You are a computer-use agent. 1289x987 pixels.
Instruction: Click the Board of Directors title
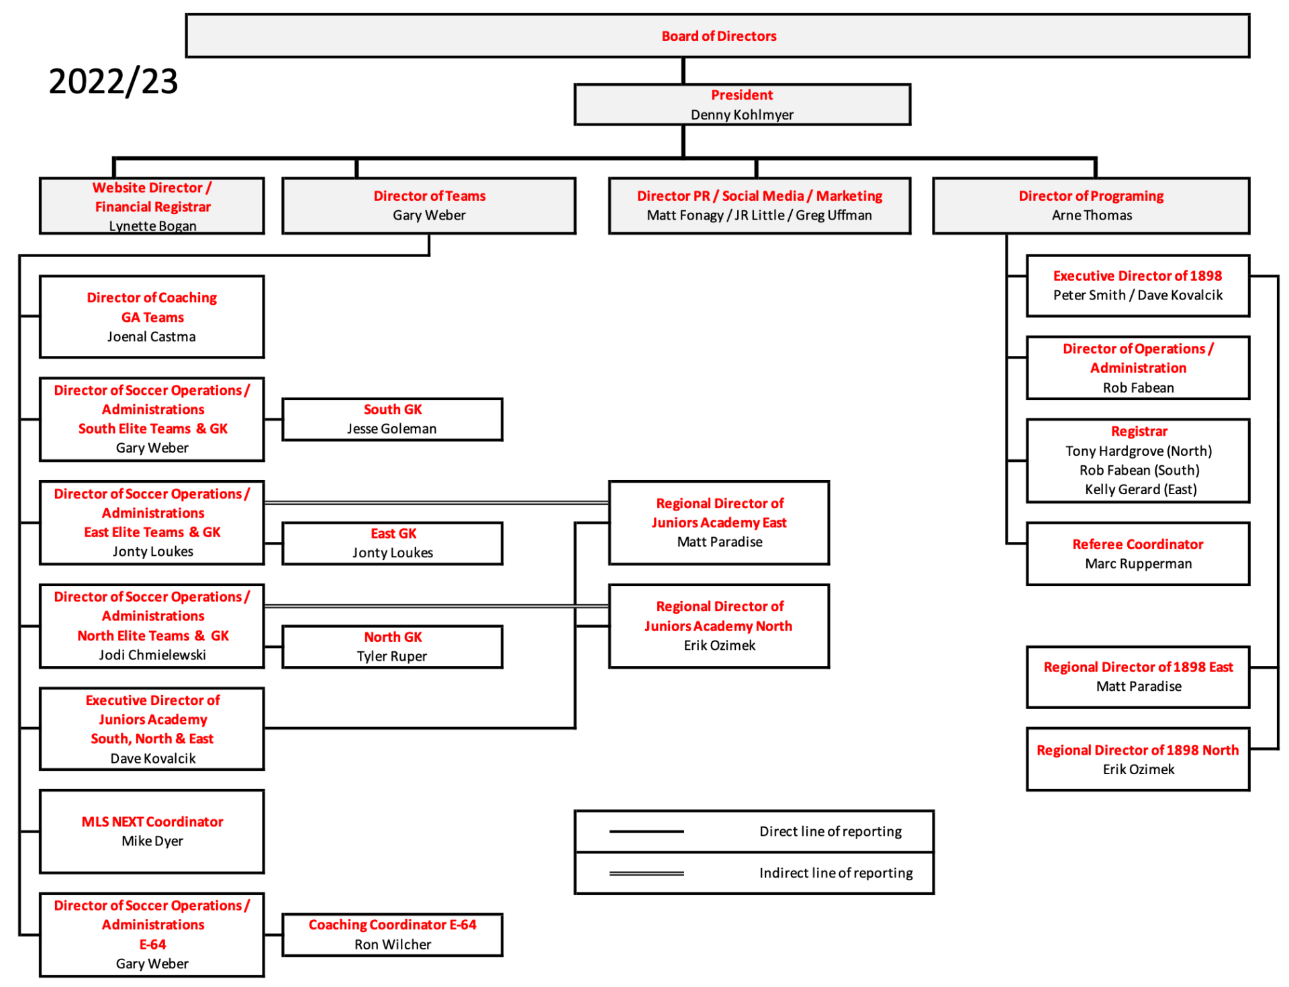(718, 36)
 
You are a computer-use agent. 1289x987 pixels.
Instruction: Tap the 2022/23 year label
(113, 81)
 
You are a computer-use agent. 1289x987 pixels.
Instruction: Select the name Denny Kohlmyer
(742, 115)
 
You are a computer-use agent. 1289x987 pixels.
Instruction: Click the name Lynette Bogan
(152, 226)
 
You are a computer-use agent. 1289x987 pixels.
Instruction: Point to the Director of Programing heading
(1091, 196)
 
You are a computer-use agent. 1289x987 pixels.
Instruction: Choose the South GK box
(392, 420)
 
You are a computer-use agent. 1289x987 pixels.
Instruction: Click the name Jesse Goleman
(391, 428)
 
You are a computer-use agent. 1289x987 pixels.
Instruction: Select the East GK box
(392, 543)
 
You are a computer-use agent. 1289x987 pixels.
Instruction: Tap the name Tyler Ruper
(391, 656)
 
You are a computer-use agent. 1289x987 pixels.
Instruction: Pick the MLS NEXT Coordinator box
(152, 831)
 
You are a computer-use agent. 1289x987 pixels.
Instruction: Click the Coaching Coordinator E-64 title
(392, 925)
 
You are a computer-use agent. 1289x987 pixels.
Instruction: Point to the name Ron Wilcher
(393, 944)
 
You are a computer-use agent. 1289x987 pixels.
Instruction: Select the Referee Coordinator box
(1138, 554)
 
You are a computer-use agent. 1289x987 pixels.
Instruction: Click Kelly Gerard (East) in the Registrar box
(1141, 489)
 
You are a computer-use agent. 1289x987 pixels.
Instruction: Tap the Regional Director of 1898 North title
(1137, 750)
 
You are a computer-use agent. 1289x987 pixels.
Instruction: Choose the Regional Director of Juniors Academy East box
(719, 523)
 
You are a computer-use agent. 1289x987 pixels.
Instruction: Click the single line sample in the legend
(647, 831)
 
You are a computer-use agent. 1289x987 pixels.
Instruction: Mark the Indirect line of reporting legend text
(836, 873)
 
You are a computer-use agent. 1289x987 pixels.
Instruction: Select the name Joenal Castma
(152, 336)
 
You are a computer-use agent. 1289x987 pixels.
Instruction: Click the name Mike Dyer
(152, 841)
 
